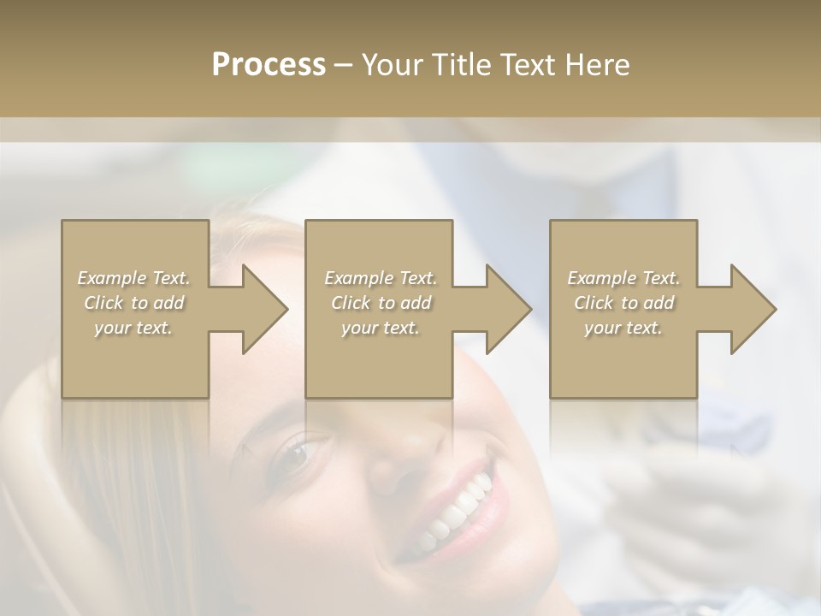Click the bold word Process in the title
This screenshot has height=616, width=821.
tap(269, 65)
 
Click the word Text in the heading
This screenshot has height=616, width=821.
tap(527, 65)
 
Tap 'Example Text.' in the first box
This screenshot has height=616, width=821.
tap(133, 278)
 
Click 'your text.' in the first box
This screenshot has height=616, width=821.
tap(133, 328)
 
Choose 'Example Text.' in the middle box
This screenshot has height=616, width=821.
tap(381, 278)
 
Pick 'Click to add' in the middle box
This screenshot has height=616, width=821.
tap(381, 303)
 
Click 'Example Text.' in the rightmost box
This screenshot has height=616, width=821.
tap(623, 278)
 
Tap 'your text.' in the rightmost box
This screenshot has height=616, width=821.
tap(623, 328)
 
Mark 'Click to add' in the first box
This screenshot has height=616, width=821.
tap(133, 303)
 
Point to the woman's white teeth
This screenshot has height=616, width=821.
tap(458, 512)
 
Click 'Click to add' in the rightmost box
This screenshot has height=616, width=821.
tap(623, 303)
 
